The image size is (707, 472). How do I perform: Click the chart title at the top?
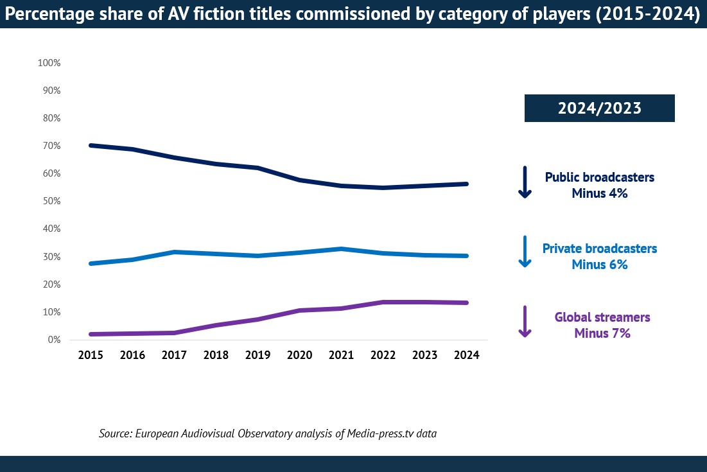[353, 15]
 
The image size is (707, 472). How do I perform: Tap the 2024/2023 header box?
[599, 108]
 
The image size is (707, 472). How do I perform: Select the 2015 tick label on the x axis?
[91, 355]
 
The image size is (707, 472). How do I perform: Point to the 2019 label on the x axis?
[257, 355]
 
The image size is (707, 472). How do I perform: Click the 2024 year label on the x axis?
[466, 355]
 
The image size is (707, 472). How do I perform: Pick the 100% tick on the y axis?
[49, 63]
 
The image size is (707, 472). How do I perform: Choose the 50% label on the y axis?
[51, 201]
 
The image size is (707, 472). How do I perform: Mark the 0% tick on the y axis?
[53, 339]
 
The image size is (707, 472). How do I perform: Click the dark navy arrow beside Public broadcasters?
[525, 182]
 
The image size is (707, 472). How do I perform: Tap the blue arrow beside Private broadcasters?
[525, 252]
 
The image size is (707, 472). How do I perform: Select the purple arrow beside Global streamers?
[525, 322]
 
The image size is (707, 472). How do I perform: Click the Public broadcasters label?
[599, 177]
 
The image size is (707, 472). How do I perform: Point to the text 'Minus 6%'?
[599, 264]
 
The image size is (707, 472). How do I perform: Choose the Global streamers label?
[602, 317]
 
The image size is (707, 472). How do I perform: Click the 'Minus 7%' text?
[602, 333]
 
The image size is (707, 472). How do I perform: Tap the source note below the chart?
[268, 433]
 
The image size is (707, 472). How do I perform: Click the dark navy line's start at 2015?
[91, 145]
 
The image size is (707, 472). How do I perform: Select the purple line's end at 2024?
[466, 302]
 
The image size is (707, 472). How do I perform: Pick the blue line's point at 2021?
[341, 249]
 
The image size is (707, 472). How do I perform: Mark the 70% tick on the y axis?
[51, 146]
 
